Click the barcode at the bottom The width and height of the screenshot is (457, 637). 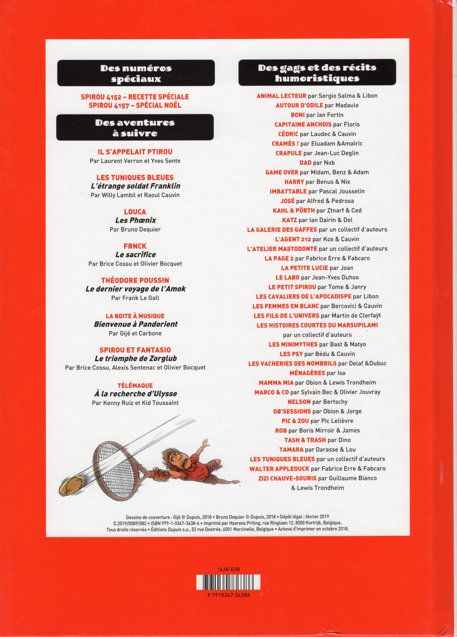point(228,582)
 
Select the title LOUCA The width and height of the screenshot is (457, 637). point(135,212)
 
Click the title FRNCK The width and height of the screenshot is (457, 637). point(135,246)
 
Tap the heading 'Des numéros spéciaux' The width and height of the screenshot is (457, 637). point(136,73)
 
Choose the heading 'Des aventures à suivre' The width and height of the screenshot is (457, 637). point(135,127)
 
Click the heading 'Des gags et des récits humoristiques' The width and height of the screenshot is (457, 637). point(317,72)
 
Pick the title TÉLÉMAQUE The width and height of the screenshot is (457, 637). point(135,385)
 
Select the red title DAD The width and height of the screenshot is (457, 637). point(305,163)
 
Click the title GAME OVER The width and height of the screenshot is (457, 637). point(282,172)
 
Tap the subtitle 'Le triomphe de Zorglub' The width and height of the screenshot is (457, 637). point(136,358)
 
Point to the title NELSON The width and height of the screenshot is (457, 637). point(299,402)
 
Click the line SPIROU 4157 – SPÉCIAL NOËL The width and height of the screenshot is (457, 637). point(135,105)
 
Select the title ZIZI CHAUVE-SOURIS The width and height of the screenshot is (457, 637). point(287,478)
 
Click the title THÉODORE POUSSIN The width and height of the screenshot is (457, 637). point(135,280)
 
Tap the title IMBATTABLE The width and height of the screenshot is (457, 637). point(288,191)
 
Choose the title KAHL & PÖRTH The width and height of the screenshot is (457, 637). point(293,210)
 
